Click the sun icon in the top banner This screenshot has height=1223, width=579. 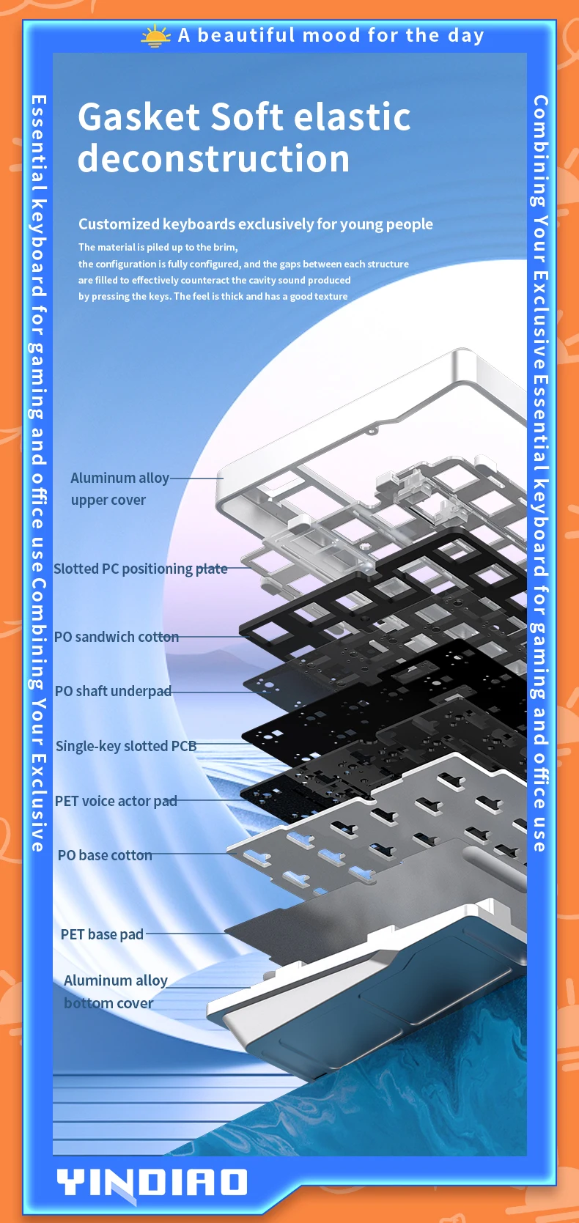tap(155, 36)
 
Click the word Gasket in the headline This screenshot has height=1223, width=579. tap(139, 117)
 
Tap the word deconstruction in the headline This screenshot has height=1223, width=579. tap(213, 159)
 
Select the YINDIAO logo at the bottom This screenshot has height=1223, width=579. tap(152, 1182)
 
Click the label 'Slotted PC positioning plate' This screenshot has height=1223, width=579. tap(140, 569)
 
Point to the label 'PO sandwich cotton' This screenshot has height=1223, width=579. tap(116, 637)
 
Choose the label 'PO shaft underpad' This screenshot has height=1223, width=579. tap(113, 691)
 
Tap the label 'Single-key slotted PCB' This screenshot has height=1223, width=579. tap(126, 746)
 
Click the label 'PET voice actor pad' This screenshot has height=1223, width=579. tap(116, 801)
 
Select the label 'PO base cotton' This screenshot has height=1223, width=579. tap(105, 855)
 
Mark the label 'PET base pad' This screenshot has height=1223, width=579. tap(102, 934)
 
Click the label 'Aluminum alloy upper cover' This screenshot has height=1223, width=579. tap(119, 489)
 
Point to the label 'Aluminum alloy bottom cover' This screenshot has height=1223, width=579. tap(115, 991)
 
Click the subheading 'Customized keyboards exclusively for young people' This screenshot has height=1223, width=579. tap(255, 224)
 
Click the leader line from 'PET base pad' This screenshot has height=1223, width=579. tap(187, 934)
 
